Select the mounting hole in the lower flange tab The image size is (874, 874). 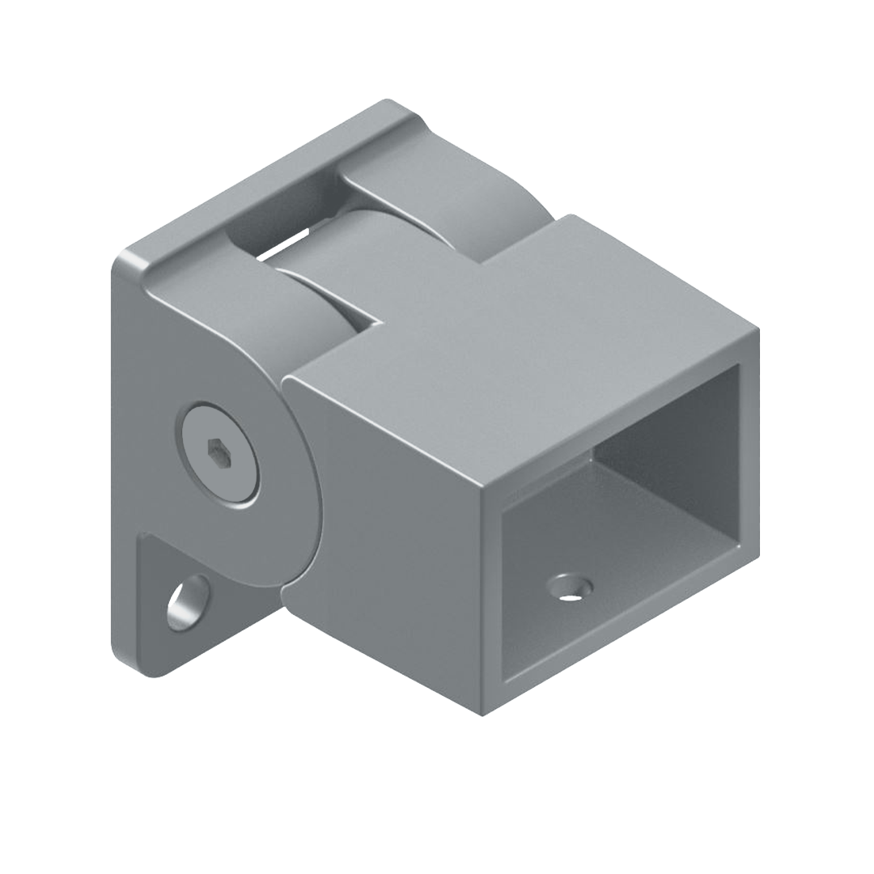(188, 603)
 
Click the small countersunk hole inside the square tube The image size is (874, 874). (571, 587)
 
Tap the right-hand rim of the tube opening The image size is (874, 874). (749, 453)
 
